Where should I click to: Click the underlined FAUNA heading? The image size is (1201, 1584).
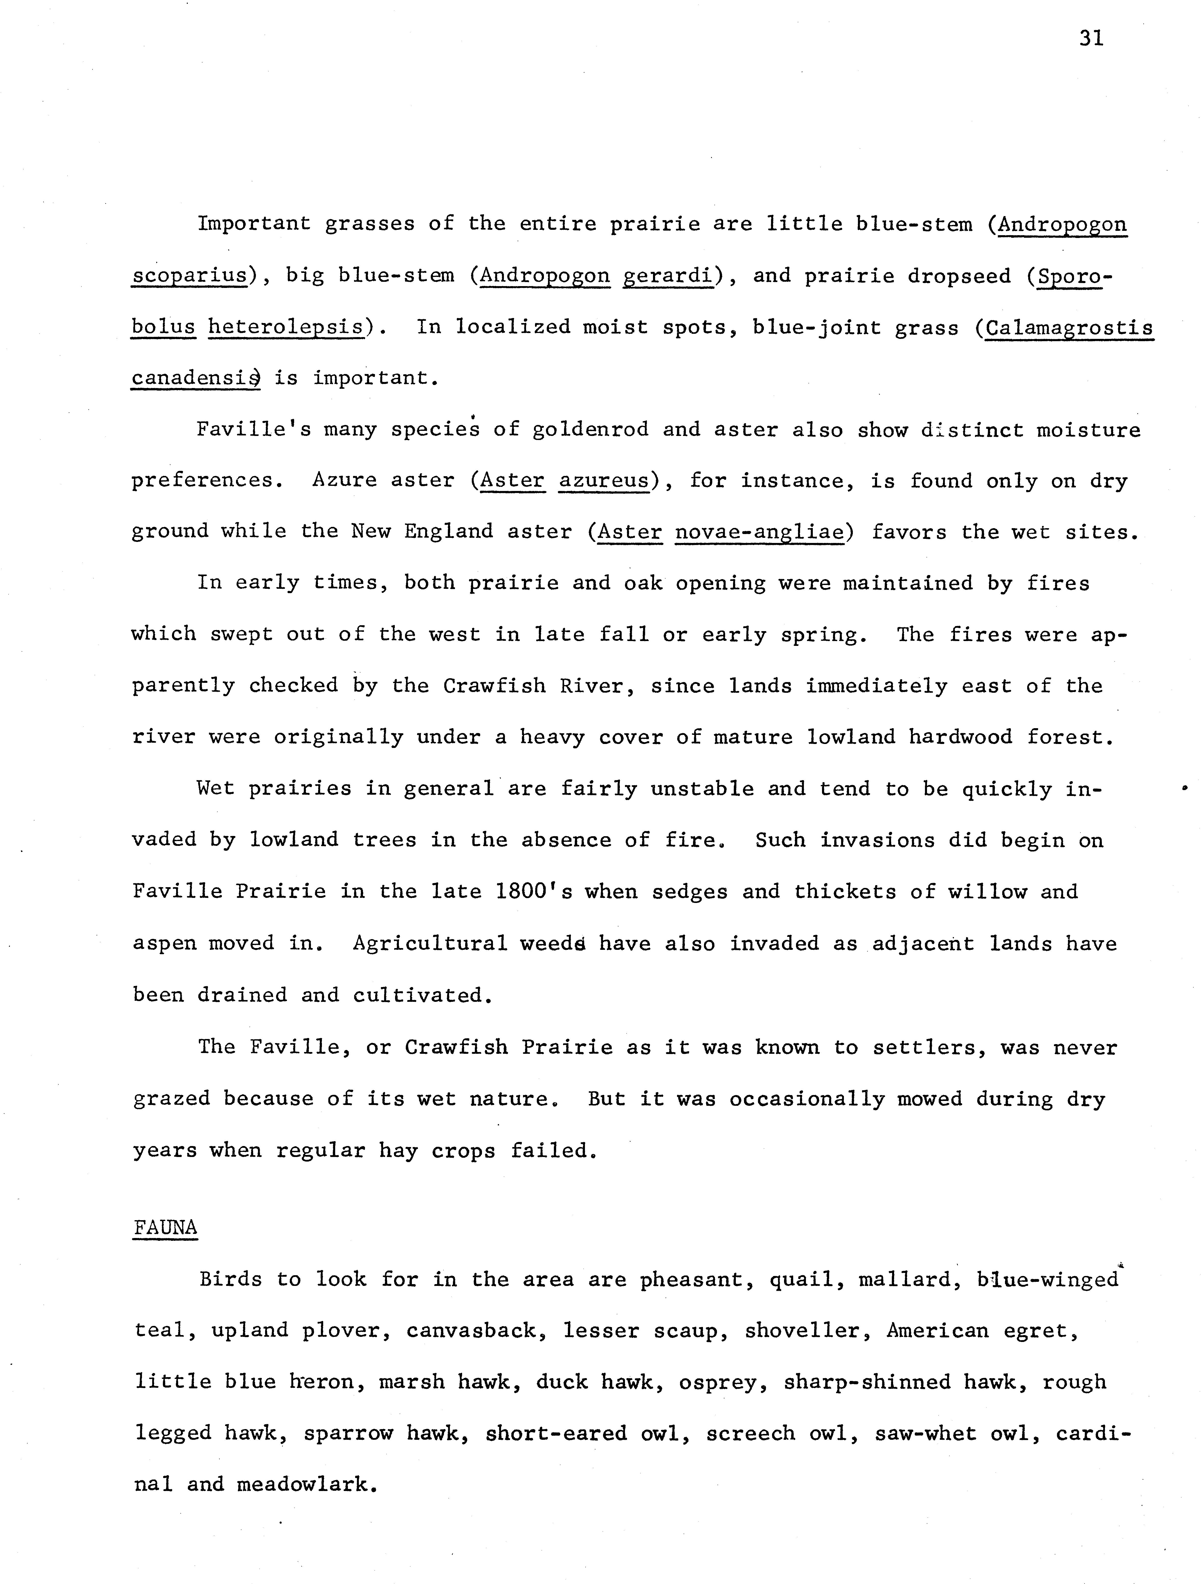[165, 1227]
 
